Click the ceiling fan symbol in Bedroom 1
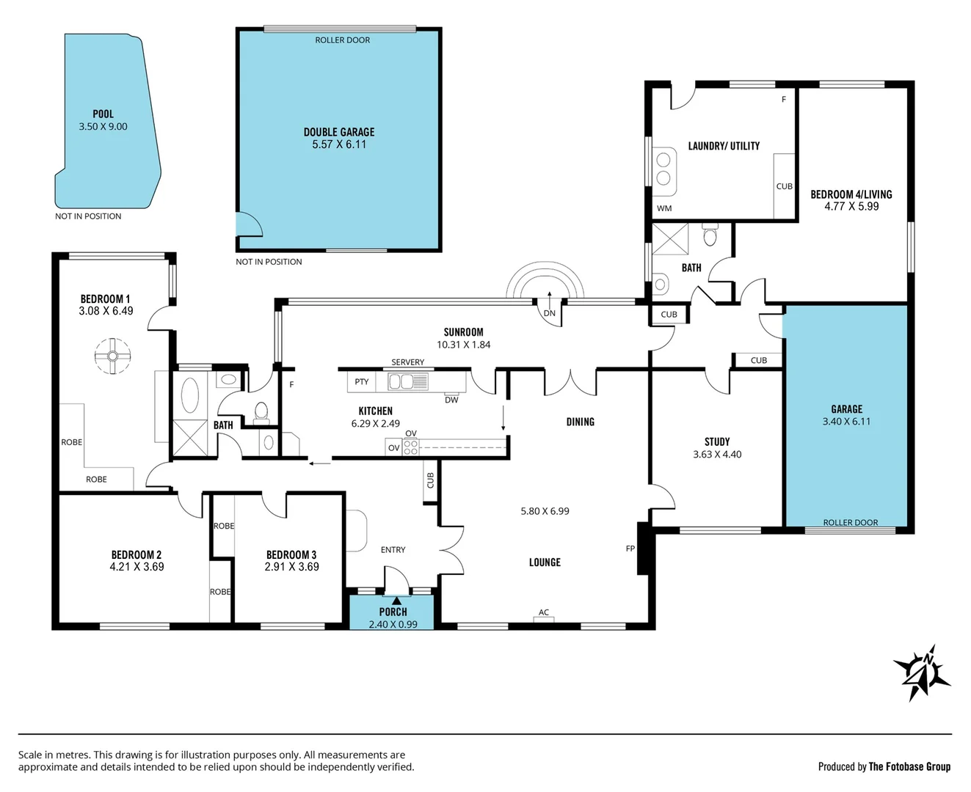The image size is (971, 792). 112,356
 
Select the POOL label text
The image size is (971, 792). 103,114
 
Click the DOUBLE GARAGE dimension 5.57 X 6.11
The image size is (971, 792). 339,144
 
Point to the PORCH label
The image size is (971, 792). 393,612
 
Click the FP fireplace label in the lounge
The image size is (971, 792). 630,549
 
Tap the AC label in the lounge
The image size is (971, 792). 544,612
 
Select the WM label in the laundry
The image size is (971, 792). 664,208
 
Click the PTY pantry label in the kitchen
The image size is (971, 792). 362,381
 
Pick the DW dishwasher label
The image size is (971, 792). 451,400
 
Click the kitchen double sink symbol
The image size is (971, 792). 408,382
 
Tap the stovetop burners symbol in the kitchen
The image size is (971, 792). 411,447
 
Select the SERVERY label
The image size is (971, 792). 408,362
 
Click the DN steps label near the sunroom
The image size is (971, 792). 549,313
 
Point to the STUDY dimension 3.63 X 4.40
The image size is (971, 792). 717,455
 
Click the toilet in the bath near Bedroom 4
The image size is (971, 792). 710,234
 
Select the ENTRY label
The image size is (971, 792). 393,549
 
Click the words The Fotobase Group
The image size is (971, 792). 909,767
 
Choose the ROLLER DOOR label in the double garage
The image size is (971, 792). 343,40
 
